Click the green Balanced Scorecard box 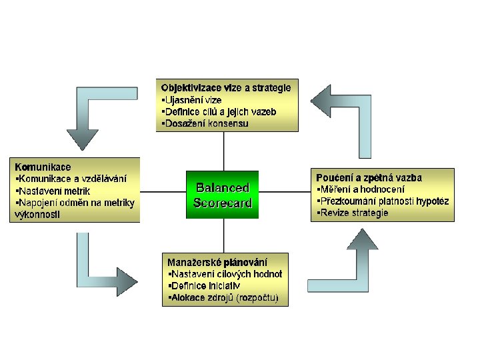223,195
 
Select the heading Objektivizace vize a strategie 226,87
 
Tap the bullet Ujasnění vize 193,99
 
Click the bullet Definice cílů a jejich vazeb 220,111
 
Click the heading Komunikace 43,166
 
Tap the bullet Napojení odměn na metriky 77,202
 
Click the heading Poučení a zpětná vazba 369,177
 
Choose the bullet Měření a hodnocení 361,189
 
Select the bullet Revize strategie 353,213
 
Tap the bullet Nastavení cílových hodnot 227,273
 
